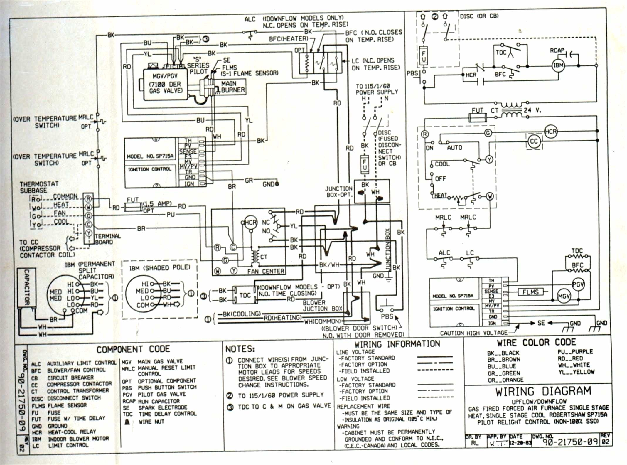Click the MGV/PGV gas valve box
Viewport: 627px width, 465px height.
tap(165, 85)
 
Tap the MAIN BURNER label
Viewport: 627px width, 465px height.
tap(233, 87)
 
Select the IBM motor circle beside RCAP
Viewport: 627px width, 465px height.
tap(558, 65)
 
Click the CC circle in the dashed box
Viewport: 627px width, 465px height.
tap(534, 141)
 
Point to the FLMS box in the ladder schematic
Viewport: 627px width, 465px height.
tap(530, 292)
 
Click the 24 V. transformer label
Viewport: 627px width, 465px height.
tap(532, 111)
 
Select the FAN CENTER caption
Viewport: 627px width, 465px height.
tap(265, 272)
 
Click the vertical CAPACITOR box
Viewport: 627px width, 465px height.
tap(27, 287)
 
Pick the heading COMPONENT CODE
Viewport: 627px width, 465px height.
tap(133, 349)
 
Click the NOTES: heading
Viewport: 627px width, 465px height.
tap(240, 349)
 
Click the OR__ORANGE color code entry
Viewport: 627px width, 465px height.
tap(505, 380)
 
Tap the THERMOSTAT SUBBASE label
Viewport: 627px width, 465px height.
tap(39, 187)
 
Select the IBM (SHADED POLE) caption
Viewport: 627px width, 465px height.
tap(159, 268)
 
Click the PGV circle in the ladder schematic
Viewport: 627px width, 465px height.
tap(578, 284)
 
